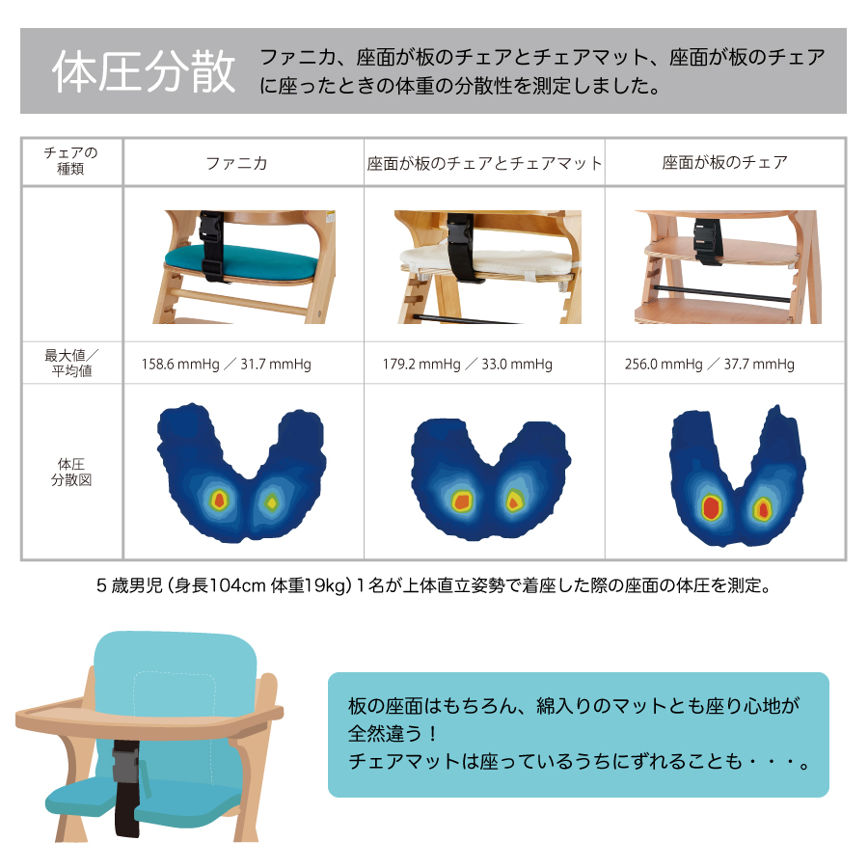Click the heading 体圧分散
145,72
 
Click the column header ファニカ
237,163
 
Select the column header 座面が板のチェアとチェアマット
484,163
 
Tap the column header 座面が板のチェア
725,163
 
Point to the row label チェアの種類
71,161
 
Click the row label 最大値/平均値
71,363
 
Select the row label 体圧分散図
71,472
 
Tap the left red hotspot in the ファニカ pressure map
219,500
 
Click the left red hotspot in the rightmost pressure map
713,507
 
